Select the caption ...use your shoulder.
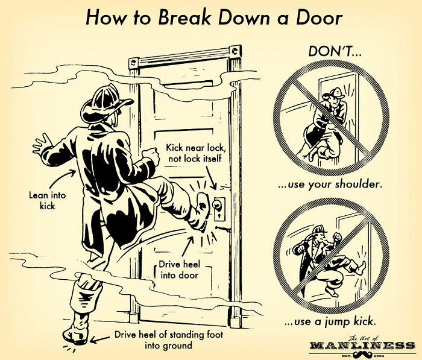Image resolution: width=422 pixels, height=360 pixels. (330, 183)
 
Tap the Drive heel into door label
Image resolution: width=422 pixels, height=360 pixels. (179, 271)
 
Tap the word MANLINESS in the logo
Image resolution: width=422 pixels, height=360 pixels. (362, 346)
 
